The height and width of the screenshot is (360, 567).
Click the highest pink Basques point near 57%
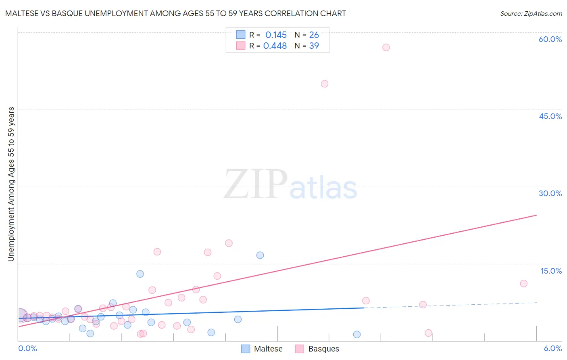pos(386,47)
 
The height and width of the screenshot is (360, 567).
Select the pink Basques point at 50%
pos(325,84)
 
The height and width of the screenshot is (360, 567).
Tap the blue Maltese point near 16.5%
pos(260,255)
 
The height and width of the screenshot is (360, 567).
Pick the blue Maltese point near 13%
pos(140,274)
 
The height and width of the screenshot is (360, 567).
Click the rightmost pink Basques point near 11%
pos(523,283)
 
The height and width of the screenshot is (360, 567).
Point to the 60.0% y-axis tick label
pos(550,39)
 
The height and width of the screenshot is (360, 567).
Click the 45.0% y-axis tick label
pos(550,116)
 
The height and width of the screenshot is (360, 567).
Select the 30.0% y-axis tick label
pos(550,193)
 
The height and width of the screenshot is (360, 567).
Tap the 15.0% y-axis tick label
pos(551,271)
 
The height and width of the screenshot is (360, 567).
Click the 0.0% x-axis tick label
pos(28,348)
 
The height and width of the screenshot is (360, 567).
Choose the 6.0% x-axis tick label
pos(552,348)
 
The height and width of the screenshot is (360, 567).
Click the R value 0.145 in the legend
pos(276,35)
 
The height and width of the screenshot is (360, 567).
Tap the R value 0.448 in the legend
pos(275,46)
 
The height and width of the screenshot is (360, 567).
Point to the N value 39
pos(314,46)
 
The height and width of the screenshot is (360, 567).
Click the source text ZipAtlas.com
pos(531,13)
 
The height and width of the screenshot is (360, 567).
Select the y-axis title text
pos(11,184)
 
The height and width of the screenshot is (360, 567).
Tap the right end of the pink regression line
pos(536,215)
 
